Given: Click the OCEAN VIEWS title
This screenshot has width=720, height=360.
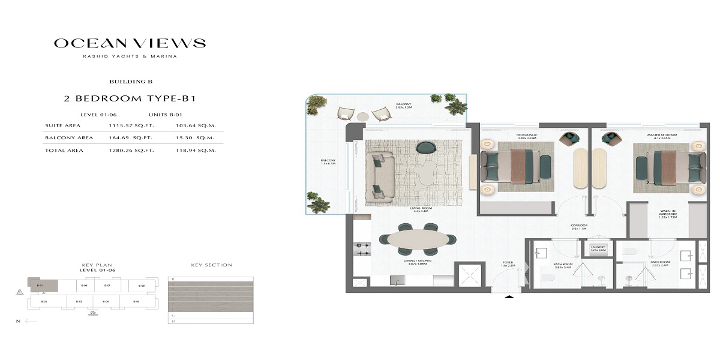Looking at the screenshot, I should pyautogui.click(x=130, y=43).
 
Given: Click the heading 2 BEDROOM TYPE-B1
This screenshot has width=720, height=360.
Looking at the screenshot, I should pyautogui.click(x=130, y=98).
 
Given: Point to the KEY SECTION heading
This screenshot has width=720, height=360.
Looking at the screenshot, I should pyautogui.click(x=211, y=265).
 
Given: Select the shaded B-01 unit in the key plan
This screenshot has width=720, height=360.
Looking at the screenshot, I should pyautogui.click(x=40, y=286).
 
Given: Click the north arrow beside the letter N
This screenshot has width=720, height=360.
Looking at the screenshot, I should pyautogui.click(x=30, y=322).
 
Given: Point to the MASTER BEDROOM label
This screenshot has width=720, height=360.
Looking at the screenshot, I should pyautogui.click(x=662, y=136).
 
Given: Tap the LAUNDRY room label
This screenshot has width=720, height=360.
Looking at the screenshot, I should pyautogui.click(x=598, y=248).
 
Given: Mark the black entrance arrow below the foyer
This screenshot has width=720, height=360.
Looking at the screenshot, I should pyautogui.click(x=509, y=296).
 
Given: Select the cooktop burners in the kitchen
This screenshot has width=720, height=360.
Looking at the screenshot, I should pyautogui.click(x=362, y=250).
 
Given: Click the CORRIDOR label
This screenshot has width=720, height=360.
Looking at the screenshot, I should pyautogui.click(x=578, y=227).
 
